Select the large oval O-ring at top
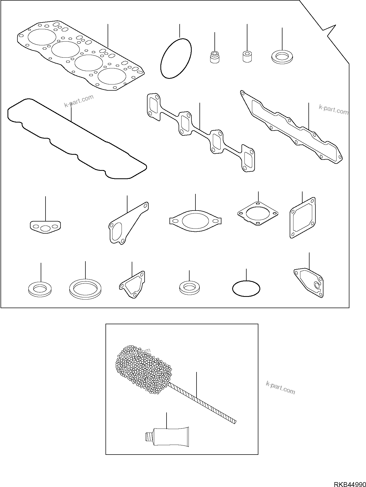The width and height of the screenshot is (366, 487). click(176, 58)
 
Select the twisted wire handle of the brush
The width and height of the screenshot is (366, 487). click(203, 402)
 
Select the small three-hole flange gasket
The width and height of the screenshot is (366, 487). click(45, 227)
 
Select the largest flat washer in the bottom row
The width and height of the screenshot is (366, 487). click(85, 288)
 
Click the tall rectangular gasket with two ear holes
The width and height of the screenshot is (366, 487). click(303, 218)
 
